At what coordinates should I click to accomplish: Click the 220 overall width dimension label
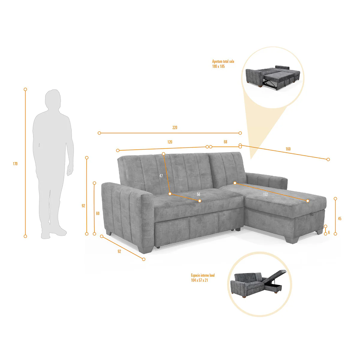[x=175, y=127]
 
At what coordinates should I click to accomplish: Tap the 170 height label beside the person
[x=15, y=164]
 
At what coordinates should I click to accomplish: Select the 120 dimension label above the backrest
[x=169, y=142]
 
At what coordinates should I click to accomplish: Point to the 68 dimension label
[x=225, y=142]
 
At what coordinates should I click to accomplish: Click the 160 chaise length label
[x=288, y=149]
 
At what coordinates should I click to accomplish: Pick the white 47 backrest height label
[x=161, y=176]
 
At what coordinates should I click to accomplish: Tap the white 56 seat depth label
[x=198, y=194]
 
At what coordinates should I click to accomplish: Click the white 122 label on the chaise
[x=265, y=194]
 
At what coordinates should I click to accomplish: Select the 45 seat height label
[x=339, y=219]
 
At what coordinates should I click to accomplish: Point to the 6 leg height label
[x=329, y=232]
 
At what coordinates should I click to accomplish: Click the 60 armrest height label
[x=97, y=213]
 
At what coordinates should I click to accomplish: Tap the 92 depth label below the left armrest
[x=119, y=251]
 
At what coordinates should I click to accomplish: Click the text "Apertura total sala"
[x=223, y=61]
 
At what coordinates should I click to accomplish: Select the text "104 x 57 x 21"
[x=199, y=280]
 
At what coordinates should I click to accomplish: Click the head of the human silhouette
[x=53, y=99]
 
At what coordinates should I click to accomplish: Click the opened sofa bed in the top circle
[x=273, y=77]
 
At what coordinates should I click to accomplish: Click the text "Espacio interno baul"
[x=203, y=275]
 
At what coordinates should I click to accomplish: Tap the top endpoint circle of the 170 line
[x=25, y=89]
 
